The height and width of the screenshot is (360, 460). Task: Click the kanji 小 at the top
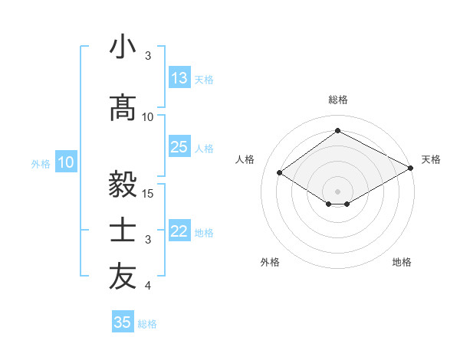tap(123, 47)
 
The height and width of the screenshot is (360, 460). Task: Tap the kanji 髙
tap(123, 108)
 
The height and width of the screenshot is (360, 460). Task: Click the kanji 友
tap(123, 277)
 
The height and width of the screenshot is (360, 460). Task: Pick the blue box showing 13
tap(179, 78)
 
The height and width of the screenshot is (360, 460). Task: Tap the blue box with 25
tap(179, 147)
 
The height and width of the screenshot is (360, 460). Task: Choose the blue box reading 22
tap(179, 231)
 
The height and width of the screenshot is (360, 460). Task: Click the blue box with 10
tap(66, 162)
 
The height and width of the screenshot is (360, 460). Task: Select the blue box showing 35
tap(123, 322)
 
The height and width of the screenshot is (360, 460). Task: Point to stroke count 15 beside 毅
tap(149, 193)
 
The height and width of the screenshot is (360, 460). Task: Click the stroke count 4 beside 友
tap(148, 286)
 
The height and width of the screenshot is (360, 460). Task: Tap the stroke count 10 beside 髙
tap(148, 117)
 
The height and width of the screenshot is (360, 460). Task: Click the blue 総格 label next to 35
tap(147, 324)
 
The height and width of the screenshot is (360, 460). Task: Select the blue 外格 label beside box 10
tap(40, 163)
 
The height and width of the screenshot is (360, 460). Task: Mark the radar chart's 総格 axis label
tap(337, 100)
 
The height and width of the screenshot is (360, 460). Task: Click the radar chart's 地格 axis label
tap(402, 262)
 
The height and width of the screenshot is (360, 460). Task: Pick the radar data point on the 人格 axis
tap(280, 173)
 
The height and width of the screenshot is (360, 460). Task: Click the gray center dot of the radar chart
tap(337, 191)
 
